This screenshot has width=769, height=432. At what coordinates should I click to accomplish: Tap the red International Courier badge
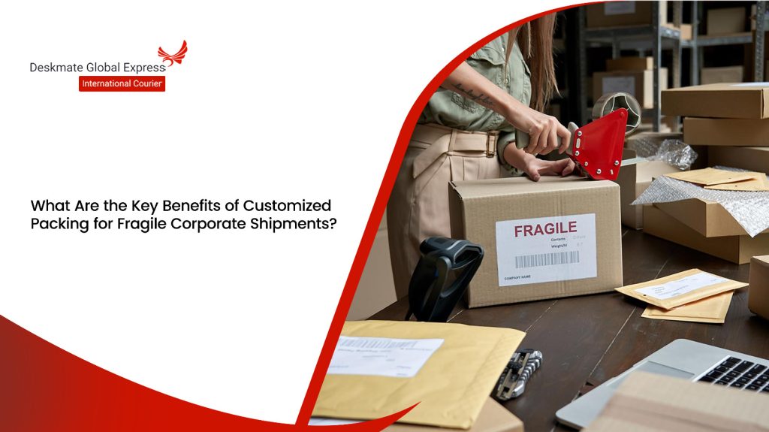pos(122,83)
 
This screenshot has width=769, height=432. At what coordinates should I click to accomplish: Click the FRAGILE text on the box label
pos(546,228)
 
